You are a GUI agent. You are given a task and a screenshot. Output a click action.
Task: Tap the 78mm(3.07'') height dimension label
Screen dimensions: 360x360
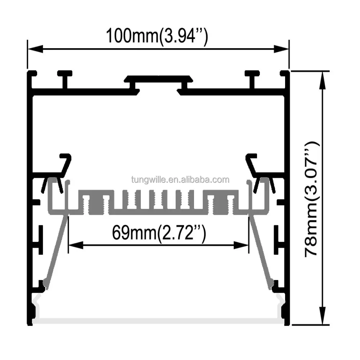pyautogui.click(x=311, y=198)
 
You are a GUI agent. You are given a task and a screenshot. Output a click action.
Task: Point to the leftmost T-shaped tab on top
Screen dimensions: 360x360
pyautogui.click(x=65, y=77)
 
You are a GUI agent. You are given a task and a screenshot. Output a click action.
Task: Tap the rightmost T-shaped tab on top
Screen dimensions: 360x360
pyautogui.click(x=252, y=77)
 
